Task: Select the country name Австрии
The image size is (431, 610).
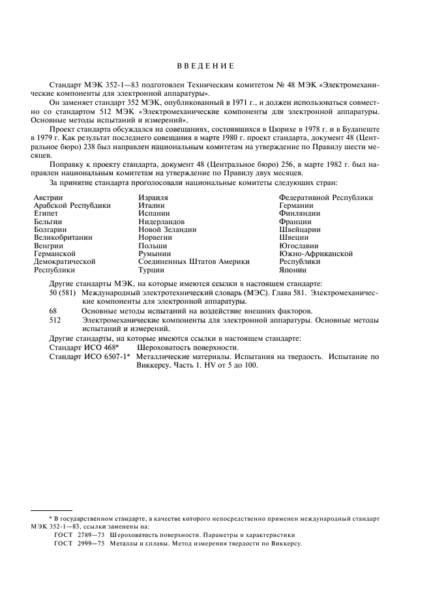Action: point(48,197)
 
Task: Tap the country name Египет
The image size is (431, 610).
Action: point(46,213)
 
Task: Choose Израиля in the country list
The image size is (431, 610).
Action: point(153,197)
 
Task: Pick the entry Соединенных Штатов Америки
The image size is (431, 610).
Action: point(194,262)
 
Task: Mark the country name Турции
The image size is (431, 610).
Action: point(151,270)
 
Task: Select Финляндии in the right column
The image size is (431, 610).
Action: point(299,213)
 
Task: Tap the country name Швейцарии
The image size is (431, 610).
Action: point(299,229)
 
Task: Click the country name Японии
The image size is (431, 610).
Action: point(293,270)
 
